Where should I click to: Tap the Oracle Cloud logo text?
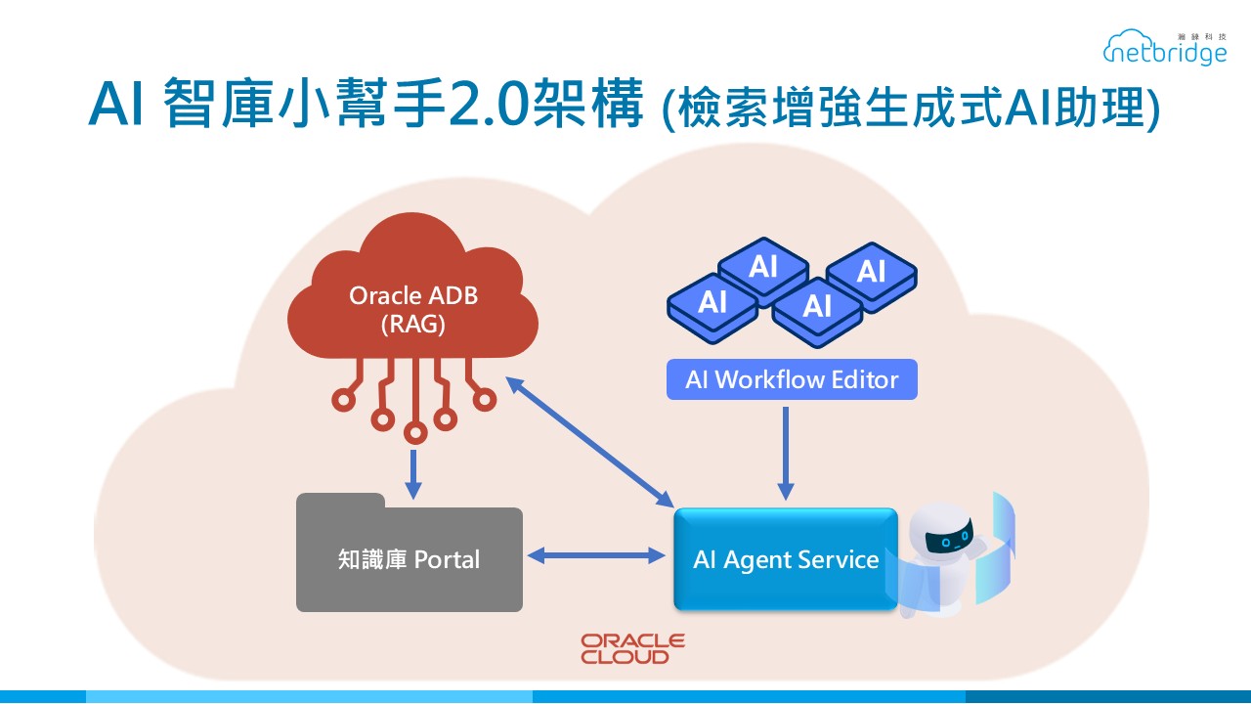point(632,649)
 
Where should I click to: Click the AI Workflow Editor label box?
point(792,379)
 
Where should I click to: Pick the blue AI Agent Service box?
point(785,559)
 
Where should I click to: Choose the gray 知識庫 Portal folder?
point(409,558)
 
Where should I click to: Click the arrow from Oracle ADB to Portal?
point(413,474)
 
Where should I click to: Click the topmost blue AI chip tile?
point(762,265)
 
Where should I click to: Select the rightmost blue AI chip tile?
point(871,270)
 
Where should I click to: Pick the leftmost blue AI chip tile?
point(712,301)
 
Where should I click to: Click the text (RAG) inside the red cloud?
point(412,324)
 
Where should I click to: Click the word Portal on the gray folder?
point(447,559)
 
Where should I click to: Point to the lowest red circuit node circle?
point(415,432)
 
